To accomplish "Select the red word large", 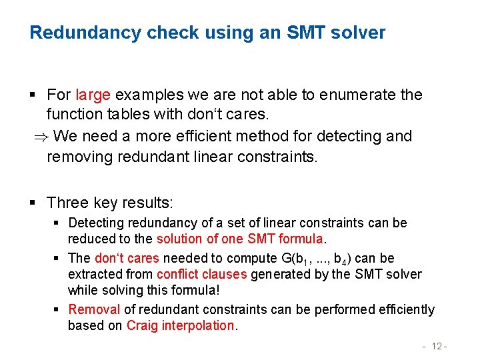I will click(x=94, y=95).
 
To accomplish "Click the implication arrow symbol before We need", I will click(x=41, y=137).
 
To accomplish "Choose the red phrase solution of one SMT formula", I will click(x=240, y=239).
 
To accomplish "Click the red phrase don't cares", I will click(x=127, y=258).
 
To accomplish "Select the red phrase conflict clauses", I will click(x=202, y=274).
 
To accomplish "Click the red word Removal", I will click(x=94, y=309).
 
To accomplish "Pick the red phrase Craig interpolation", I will click(x=180, y=325).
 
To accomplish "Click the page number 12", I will click(x=437, y=346).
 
